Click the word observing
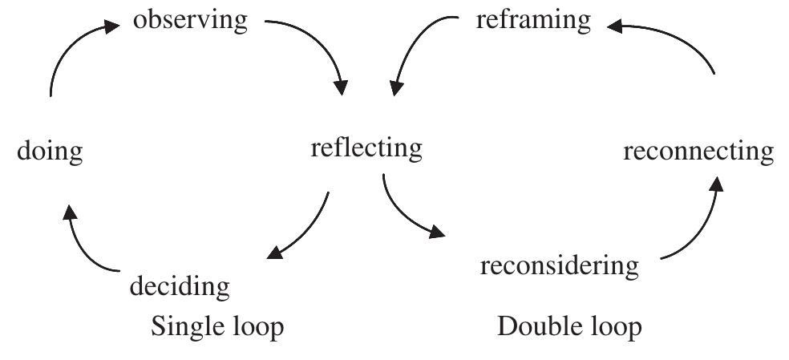pos(190,20)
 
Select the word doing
pos(50,151)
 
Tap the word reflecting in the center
pos(366,148)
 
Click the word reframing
pos(532,20)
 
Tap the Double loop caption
pos(569,327)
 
